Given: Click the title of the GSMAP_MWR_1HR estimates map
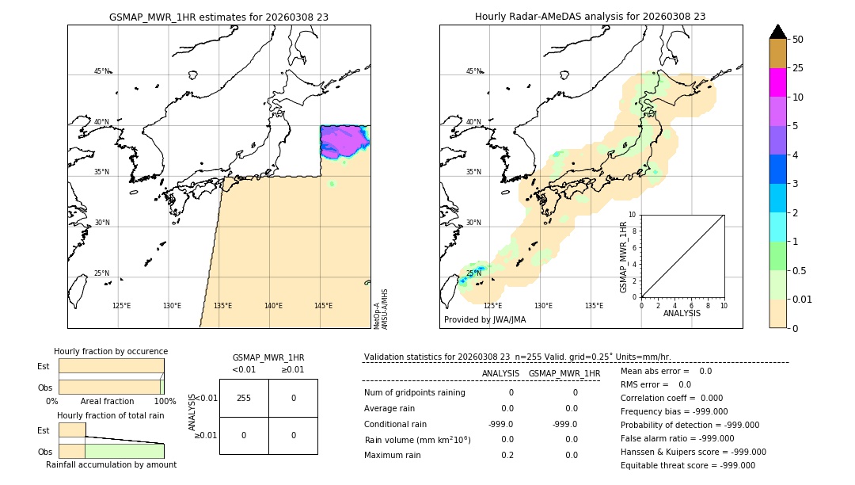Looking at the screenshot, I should [218, 17].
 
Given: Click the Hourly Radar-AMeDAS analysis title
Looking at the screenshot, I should [590, 17].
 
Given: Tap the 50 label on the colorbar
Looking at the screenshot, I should [798, 39].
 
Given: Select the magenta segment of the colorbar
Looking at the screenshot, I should [777, 82].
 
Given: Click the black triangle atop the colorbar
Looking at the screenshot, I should [777, 32].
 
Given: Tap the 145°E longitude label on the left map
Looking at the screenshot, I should [323, 306].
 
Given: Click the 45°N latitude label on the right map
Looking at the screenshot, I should [473, 72].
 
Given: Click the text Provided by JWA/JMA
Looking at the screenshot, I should [484, 320].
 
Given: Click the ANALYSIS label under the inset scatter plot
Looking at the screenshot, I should [682, 314].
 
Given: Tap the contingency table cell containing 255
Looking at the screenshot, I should [244, 399].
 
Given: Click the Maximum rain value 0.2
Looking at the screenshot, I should [507, 455].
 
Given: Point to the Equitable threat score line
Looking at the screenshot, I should [687, 465].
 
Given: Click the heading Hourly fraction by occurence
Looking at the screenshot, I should [111, 352].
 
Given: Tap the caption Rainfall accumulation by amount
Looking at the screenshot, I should [111, 465].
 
